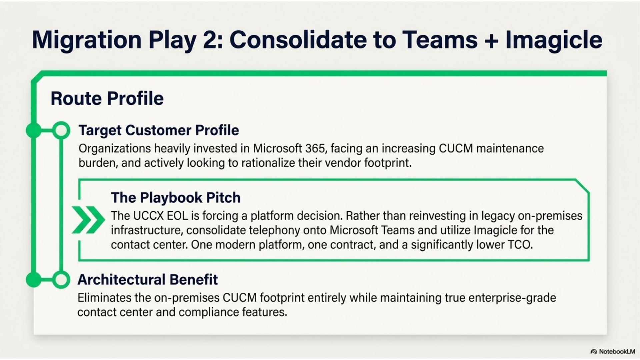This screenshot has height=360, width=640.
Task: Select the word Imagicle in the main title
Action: tap(554, 40)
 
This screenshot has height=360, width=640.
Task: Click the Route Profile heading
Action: tap(107, 98)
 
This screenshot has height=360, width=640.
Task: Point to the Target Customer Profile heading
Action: tap(159, 130)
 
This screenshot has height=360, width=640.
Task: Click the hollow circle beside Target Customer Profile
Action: tap(61, 130)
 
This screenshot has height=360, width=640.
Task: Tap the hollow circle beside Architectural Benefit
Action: tap(61, 280)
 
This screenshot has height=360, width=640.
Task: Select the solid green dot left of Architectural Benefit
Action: tap(34, 280)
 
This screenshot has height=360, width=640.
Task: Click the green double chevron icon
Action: tap(88, 220)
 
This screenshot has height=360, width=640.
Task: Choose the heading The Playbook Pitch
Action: tap(176, 198)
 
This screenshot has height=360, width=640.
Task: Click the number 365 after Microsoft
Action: tap(316, 148)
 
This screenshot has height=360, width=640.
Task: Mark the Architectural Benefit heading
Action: tap(147, 280)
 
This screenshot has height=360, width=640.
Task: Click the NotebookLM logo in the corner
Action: tap(613, 351)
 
